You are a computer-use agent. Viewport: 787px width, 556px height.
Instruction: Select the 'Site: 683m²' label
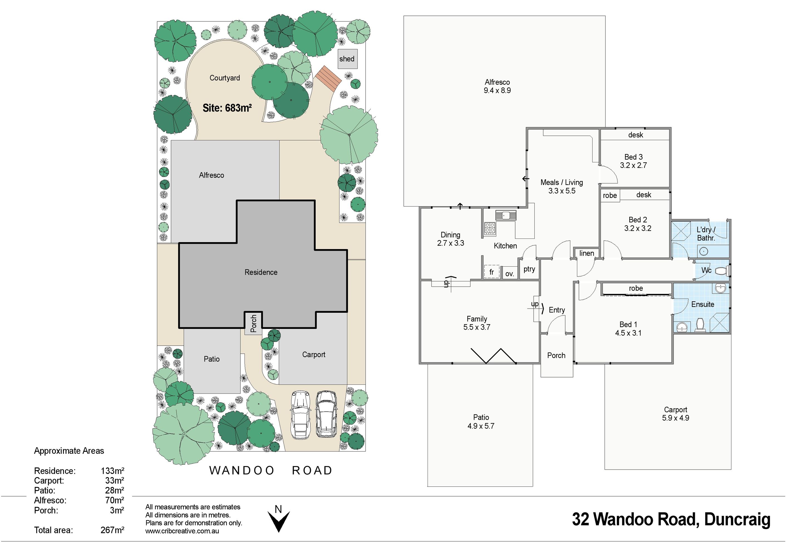click(x=227, y=108)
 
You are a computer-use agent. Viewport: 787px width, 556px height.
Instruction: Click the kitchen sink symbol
click(x=505, y=215)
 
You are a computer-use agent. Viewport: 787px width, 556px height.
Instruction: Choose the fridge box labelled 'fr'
click(x=492, y=272)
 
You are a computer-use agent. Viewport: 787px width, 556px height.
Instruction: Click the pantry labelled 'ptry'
click(x=529, y=269)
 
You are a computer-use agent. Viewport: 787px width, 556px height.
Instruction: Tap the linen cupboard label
click(x=586, y=253)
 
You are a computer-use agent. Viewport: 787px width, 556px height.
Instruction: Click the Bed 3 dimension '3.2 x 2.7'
click(x=633, y=165)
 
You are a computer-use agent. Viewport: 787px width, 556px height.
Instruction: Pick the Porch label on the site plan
click(x=253, y=323)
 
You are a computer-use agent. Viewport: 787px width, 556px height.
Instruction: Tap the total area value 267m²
click(x=112, y=530)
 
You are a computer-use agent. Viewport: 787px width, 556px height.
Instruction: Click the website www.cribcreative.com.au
click(x=182, y=531)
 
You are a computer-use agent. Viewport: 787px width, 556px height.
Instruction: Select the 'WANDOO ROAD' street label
click(x=271, y=470)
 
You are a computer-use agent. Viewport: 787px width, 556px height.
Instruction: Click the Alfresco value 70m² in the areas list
click(x=115, y=500)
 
